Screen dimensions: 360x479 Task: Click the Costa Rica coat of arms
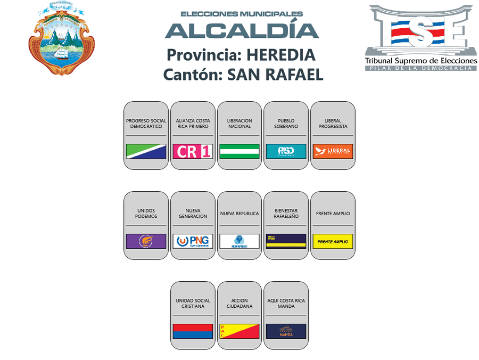pos(61,38)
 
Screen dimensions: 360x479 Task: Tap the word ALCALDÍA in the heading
pos(242,30)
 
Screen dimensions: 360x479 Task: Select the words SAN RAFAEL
pos(275,75)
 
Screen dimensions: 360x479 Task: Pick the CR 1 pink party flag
pos(193,152)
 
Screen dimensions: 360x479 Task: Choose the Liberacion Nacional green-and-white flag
pos(240,152)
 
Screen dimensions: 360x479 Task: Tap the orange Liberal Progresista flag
pos(333,152)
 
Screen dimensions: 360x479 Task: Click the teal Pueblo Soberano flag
pos(286,152)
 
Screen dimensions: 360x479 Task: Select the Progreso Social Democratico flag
pos(146,152)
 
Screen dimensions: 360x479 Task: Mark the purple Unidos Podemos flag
pos(146,241)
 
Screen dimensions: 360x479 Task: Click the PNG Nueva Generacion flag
pos(193,241)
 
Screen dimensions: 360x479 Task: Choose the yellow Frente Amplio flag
pos(333,241)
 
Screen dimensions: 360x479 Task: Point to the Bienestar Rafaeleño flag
pos(286,241)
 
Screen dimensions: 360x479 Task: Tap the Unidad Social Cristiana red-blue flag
pos(193,331)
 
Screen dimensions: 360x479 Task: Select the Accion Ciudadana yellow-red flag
pos(240,331)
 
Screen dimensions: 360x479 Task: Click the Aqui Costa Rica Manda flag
pos(286,331)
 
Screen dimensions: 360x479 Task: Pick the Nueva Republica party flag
pos(240,241)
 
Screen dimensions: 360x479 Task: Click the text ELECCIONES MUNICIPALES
pos(242,14)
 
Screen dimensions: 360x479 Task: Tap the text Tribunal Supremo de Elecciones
pos(420,61)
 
